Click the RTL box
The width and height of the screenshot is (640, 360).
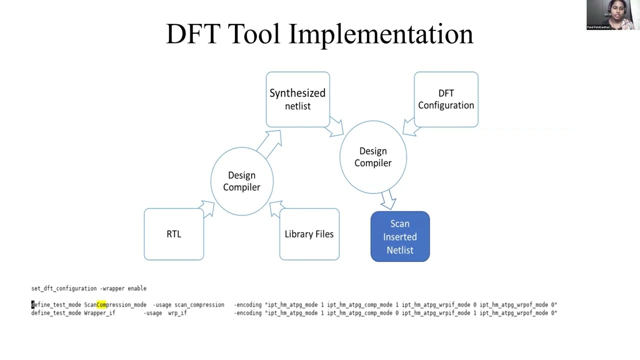[x=173, y=234]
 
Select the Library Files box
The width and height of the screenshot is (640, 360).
[x=309, y=234]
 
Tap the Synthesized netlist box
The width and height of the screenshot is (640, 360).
[x=297, y=99]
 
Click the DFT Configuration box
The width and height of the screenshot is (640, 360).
[x=446, y=99]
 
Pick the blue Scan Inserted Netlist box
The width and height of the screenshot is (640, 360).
[x=400, y=236]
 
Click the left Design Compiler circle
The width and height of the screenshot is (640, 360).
[x=241, y=181]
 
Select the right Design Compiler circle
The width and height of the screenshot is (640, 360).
[x=373, y=157]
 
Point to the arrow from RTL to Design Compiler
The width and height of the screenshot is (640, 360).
[x=206, y=208]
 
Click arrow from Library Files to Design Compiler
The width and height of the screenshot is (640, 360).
[x=276, y=209]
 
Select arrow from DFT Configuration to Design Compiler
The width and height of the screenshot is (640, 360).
[x=411, y=128]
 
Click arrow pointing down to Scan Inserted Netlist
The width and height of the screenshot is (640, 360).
[x=388, y=200]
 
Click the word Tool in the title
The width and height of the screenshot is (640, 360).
[x=256, y=34]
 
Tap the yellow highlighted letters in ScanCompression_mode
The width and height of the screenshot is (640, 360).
[x=101, y=304]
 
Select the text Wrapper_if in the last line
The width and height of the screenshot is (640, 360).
[x=99, y=313]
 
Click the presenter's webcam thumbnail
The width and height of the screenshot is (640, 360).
[x=611, y=15]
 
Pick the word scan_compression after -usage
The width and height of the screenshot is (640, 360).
[x=199, y=304]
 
